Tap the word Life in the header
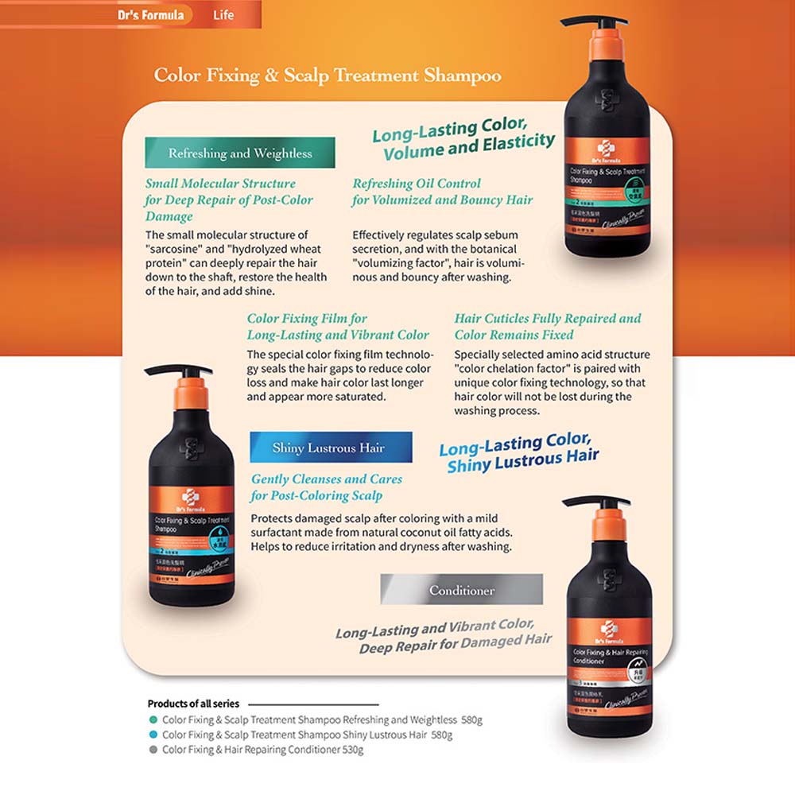(223, 14)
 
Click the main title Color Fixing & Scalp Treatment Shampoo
(328, 76)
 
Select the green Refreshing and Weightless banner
(240, 153)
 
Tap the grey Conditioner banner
(462, 590)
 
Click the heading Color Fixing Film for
(307, 319)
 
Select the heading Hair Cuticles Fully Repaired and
(548, 319)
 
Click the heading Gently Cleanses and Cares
(327, 479)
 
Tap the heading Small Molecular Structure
(220, 184)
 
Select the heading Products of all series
(193, 704)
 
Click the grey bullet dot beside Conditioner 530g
(153, 750)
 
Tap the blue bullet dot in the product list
(153, 735)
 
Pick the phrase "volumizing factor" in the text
(406, 263)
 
